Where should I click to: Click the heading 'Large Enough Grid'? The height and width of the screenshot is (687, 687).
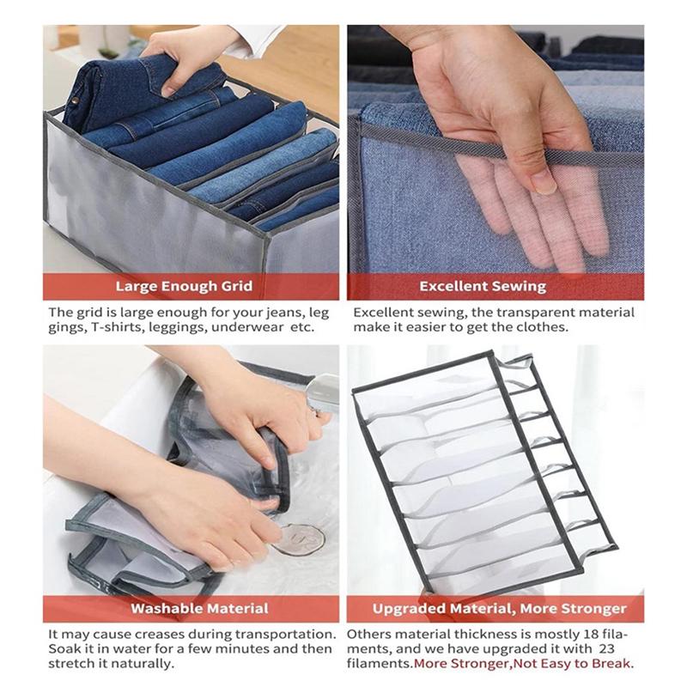click(191, 286)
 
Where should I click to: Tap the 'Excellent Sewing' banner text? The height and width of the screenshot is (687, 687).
click(495, 286)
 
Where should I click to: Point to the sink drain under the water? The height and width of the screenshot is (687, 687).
click(299, 538)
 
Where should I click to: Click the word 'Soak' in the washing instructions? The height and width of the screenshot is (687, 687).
click(64, 648)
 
